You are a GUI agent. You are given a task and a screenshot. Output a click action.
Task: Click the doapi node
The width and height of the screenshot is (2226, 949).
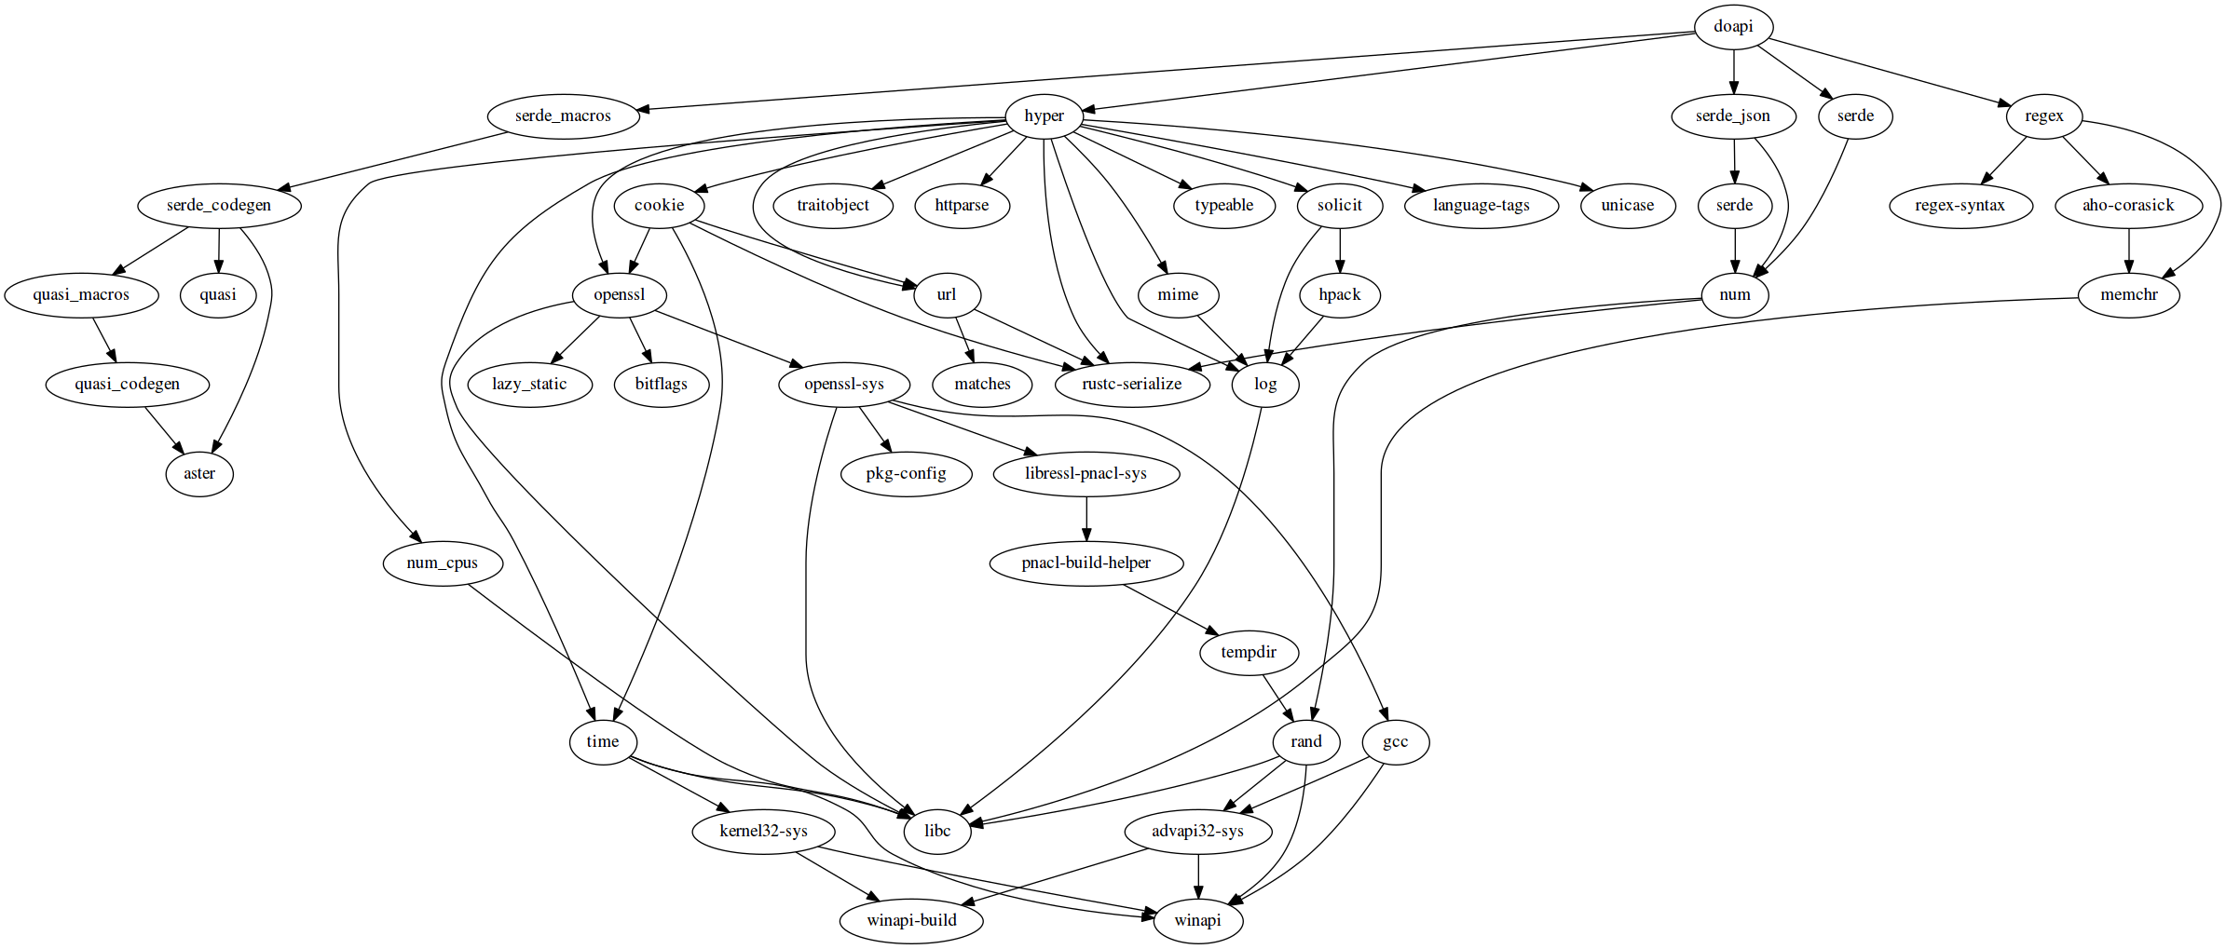click(1733, 26)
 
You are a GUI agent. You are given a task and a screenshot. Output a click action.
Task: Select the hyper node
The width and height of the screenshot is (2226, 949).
click(1044, 116)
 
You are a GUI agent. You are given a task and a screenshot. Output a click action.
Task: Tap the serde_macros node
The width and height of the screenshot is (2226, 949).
click(563, 116)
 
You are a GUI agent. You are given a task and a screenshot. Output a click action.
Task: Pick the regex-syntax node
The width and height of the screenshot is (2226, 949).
click(1960, 206)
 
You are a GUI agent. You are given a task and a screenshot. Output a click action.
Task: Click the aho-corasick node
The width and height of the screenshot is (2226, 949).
click(2128, 206)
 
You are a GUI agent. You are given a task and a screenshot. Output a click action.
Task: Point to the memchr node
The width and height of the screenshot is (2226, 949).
click(2128, 295)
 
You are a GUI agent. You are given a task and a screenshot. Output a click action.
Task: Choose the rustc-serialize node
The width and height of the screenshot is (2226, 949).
click(1131, 385)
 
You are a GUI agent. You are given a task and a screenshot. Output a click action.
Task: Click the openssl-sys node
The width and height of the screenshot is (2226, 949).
click(843, 385)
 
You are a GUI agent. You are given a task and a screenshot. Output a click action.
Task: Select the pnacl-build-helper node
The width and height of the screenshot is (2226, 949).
click(1086, 563)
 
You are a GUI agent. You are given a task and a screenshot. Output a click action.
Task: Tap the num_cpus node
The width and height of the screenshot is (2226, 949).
click(442, 563)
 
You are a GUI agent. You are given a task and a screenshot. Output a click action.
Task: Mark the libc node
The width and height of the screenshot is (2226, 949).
click(936, 832)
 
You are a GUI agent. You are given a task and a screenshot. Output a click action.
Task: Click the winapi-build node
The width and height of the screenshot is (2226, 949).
click(910, 921)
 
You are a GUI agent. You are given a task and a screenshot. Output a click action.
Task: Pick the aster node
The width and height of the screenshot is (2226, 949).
click(198, 474)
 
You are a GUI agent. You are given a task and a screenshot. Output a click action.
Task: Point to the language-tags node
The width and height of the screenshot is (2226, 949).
click(1481, 206)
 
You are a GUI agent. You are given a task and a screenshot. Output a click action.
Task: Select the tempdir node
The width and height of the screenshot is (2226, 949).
click(1248, 653)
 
